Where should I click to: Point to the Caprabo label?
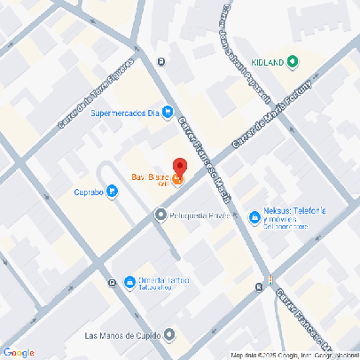(89, 191)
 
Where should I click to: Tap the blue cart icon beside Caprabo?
(113, 191)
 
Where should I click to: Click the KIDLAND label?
(268, 62)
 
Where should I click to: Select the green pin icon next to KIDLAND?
(293, 62)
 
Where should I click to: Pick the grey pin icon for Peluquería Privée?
(160, 215)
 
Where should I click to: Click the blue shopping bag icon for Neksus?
(255, 215)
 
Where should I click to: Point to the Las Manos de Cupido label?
(121, 335)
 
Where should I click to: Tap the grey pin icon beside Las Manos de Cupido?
(169, 335)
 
